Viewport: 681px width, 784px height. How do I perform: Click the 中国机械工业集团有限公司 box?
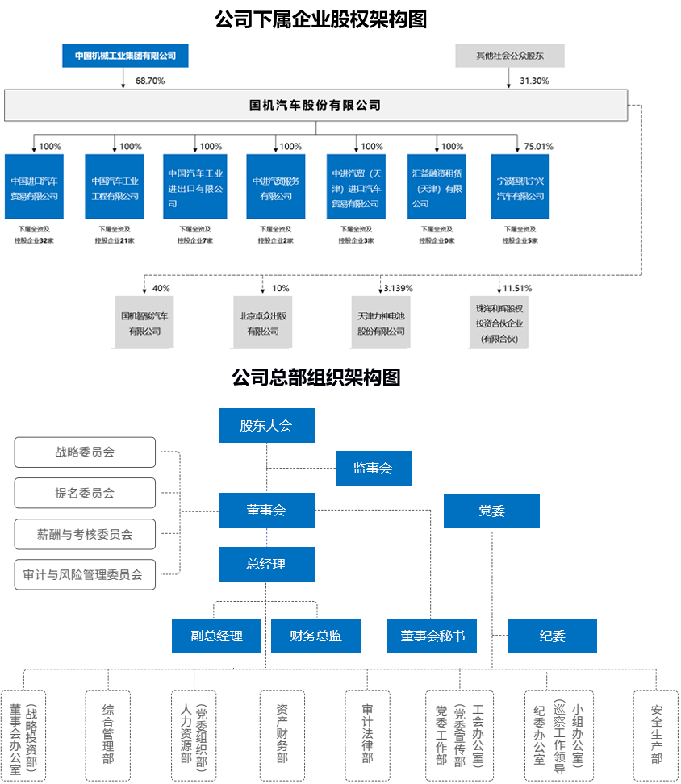click(x=125, y=56)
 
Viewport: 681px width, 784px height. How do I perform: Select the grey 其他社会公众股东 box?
click(x=509, y=56)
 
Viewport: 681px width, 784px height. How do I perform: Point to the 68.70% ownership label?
click(x=150, y=81)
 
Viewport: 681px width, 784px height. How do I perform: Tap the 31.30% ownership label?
click(x=534, y=81)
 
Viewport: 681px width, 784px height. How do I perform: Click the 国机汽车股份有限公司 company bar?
click(x=315, y=106)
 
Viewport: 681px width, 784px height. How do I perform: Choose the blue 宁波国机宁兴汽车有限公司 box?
click(x=520, y=186)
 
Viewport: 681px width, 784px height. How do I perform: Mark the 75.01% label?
click(x=538, y=147)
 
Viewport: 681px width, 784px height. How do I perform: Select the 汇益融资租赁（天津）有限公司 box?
click(x=437, y=186)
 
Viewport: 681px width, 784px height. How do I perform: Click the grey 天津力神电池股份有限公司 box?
click(x=382, y=322)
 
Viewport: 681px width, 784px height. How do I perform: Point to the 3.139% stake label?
click(x=398, y=288)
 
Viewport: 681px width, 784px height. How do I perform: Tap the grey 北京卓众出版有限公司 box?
click(x=262, y=322)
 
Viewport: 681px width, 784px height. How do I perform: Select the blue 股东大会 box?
click(x=266, y=425)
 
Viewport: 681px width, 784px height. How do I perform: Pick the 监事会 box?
click(x=373, y=468)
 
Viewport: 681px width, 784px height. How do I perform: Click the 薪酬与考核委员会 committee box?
click(x=85, y=534)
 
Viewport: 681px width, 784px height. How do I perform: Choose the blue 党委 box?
click(x=491, y=511)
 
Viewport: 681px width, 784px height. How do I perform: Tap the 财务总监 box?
click(x=315, y=636)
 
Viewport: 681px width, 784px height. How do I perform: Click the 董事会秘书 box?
click(x=432, y=636)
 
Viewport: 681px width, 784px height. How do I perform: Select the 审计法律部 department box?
click(x=368, y=735)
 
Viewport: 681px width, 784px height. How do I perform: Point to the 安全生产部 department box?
click(x=656, y=735)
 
